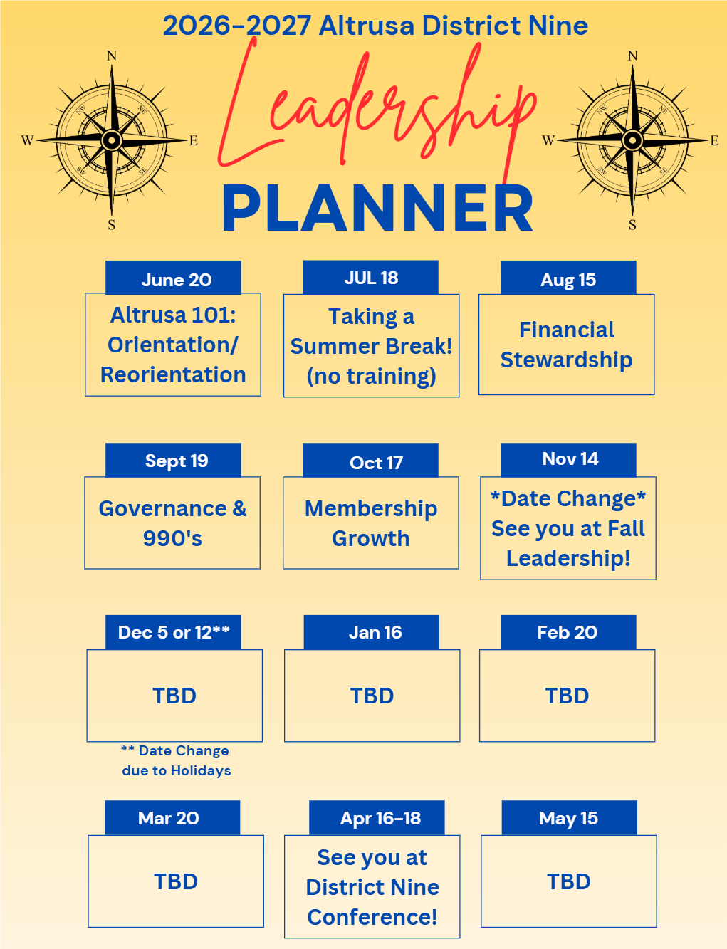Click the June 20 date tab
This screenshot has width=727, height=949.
(173, 278)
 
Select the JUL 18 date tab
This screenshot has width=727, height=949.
(370, 278)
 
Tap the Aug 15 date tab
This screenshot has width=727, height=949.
(568, 278)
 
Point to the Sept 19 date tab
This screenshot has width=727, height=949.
(173, 460)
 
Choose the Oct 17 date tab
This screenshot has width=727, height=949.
(370, 460)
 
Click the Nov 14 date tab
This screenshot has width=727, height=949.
(568, 460)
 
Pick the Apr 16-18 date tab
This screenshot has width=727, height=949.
(377, 817)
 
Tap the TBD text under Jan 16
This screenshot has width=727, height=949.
(372, 696)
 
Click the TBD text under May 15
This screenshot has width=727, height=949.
(568, 881)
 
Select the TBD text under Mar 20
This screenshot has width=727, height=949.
(176, 881)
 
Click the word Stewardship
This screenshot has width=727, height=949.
(566, 360)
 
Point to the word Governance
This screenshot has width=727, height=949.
(162, 508)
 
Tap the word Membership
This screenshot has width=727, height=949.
(371, 509)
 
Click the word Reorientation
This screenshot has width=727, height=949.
(173, 374)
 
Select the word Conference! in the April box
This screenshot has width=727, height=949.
(372, 917)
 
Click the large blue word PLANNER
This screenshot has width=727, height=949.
(377, 209)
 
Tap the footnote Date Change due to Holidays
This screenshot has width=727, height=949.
(176, 761)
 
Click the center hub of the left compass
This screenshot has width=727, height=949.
(111, 140)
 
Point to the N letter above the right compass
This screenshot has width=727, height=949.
(632, 56)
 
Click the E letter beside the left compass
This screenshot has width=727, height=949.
(194, 141)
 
